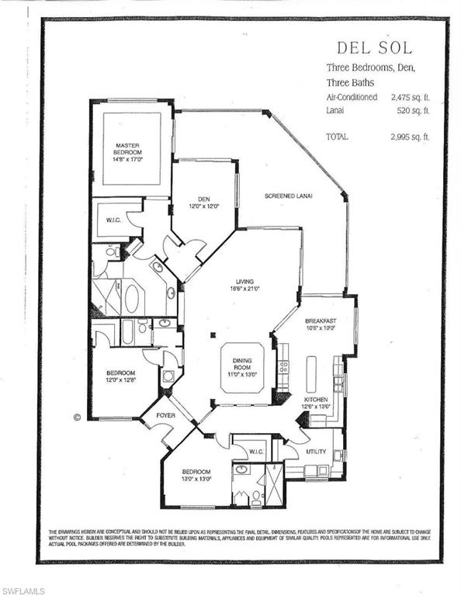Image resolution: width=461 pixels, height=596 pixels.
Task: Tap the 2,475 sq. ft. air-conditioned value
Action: tap(410, 98)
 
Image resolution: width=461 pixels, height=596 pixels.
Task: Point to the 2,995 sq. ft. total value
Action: tap(410, 137)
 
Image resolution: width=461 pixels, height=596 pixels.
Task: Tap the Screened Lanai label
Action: tap(287, 196)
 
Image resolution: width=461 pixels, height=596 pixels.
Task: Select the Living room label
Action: tap(245, 284)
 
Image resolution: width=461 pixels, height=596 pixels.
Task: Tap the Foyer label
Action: tap(165, 416)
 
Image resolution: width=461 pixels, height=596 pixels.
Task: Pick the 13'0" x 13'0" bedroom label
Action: tap(196, 476)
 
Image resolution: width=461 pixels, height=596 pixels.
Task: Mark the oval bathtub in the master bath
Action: tap(132, 299)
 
